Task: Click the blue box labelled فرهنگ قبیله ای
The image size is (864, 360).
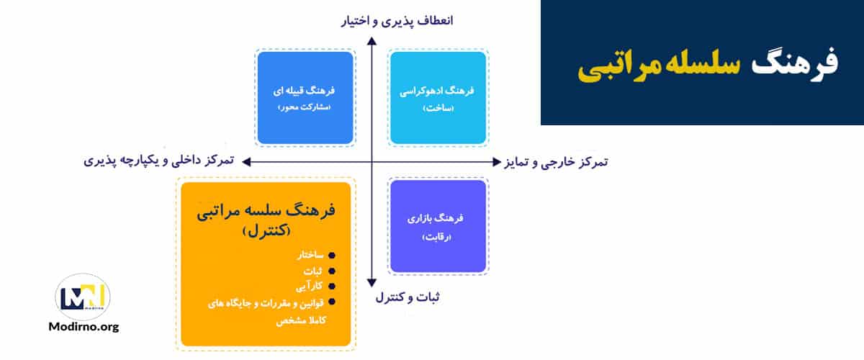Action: click(305, 98)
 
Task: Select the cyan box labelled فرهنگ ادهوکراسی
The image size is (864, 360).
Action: click(438, 98)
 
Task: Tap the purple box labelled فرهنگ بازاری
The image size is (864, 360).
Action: click(438, 226)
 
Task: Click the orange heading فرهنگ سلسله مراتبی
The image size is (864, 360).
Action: click(266, 214)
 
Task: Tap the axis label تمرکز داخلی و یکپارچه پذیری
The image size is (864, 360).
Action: click(159, 160)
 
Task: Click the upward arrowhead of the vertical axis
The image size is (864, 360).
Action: click(372, 42)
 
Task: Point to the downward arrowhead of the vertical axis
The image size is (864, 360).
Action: click(372, 282)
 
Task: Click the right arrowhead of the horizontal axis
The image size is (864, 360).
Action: click(495, 161)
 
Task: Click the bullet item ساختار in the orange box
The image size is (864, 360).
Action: click(307, 256)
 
